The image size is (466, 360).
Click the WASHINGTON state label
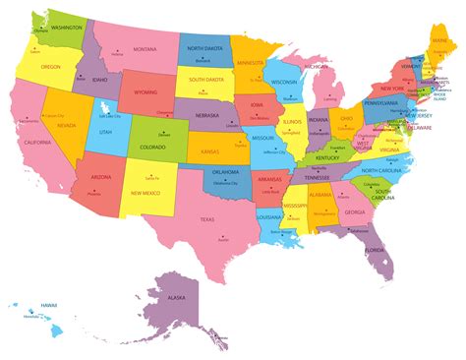61,28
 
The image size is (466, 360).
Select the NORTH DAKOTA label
204,48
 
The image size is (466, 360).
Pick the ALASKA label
176,296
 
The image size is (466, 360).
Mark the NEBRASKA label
205,115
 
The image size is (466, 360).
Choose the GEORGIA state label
354,211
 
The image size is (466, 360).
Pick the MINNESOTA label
250,63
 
